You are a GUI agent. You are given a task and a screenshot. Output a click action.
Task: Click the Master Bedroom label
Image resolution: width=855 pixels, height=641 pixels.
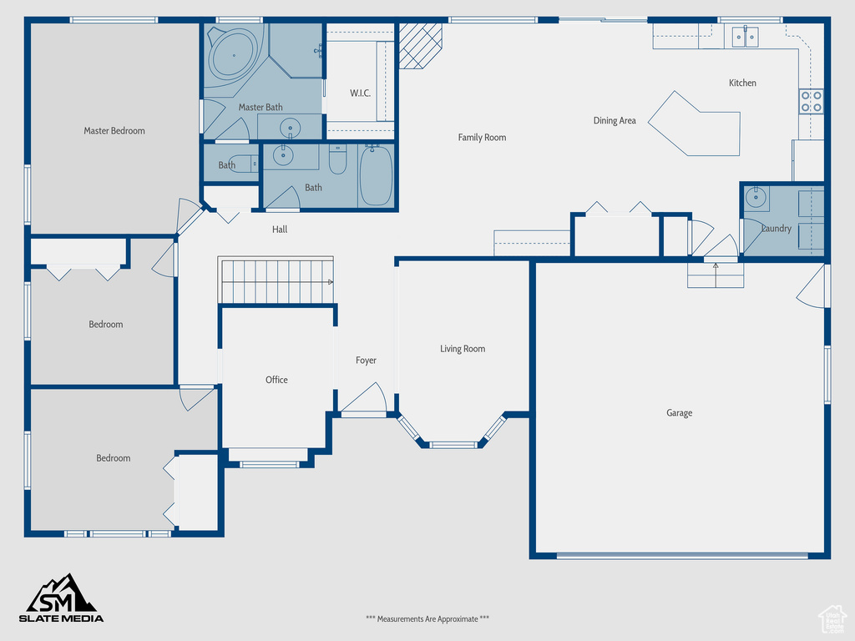click(114, 131)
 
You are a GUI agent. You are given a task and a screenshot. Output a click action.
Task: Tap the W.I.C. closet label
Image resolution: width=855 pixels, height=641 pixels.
click(360, 93)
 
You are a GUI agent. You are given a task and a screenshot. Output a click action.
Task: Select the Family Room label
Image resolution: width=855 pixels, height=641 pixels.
click(482, 138)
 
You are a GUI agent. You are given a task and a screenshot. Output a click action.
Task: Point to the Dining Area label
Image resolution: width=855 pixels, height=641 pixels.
click(615, 120)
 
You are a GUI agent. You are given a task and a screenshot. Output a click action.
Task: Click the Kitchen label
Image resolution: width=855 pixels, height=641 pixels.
click(742, 83)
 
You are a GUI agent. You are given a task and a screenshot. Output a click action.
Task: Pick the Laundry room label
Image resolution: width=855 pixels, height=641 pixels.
click(776, 229)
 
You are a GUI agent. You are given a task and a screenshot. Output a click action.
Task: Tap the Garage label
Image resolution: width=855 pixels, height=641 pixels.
click(680, 412)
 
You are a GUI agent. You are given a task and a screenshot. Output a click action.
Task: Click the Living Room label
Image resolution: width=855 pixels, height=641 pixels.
click(463, 349)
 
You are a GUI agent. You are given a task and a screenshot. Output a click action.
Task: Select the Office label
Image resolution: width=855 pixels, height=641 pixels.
click(276, 380)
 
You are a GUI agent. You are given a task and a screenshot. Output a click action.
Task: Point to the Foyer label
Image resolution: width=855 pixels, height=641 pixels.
click(366, 361)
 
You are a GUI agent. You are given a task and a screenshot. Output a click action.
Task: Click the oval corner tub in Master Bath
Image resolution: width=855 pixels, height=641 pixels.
click(234, 55)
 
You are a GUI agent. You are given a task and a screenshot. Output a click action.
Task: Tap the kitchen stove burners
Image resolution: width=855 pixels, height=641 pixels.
click(812, 102)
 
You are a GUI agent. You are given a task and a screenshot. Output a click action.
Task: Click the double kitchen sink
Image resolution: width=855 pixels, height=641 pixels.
click(745, 37)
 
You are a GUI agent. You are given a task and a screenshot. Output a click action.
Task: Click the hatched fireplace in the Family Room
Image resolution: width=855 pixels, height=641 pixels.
click(420, 46)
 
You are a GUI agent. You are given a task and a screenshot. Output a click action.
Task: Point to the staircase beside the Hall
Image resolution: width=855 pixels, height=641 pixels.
click(276, 280)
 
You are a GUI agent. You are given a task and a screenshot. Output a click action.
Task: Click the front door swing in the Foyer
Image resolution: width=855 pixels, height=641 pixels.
click(364, 400)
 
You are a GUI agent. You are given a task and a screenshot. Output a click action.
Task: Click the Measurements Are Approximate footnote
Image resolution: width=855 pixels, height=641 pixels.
click(427, 618)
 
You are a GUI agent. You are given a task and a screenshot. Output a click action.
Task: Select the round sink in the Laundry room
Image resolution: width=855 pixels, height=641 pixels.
click(756, 198)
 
